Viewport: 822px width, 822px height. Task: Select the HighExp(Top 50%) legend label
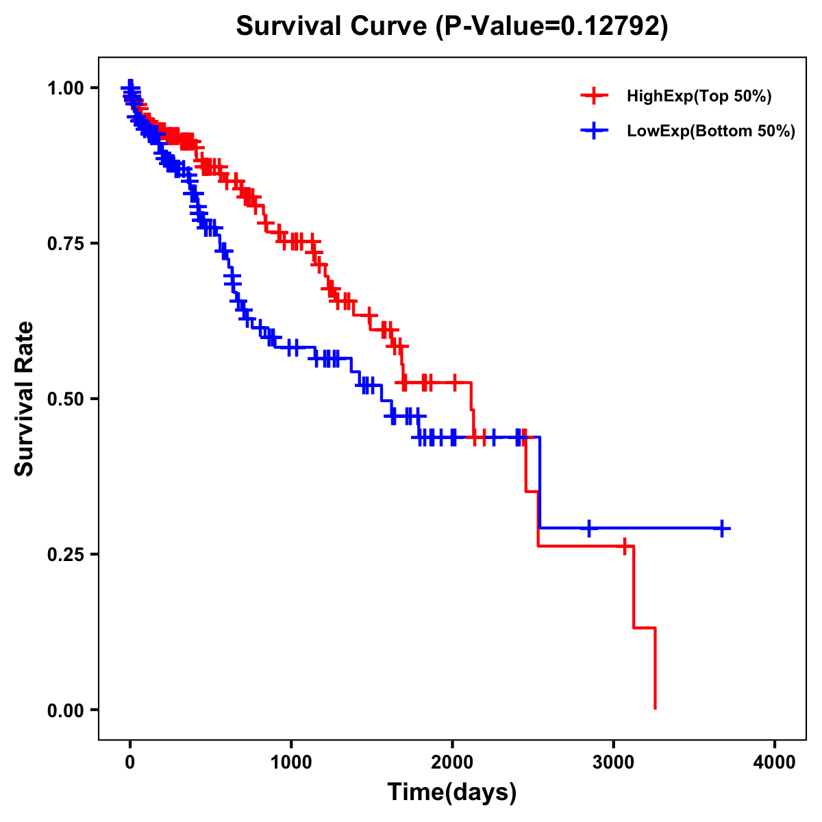tap(699, 97)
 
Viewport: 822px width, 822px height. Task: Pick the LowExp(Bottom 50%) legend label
tap(711, 131)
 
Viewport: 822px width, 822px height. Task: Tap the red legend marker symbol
tap(594, 97)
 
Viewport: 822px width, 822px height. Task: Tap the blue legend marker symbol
tap(594, 131)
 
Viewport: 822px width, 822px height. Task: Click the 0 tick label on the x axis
tap(130, 762)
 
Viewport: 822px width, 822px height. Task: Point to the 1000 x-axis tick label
tap(291, 762)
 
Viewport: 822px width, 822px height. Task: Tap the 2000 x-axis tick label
tap(452, 762)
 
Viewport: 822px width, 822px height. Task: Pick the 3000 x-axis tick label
tap(614, 762)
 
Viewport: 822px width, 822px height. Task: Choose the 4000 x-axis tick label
tap(775, 762)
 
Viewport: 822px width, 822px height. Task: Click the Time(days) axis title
tap(452, 793)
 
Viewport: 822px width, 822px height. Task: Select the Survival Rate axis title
tap(25, 399)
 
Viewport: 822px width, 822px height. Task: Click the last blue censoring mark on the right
tap(722, 528)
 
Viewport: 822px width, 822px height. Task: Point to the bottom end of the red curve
tap(656, 708)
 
